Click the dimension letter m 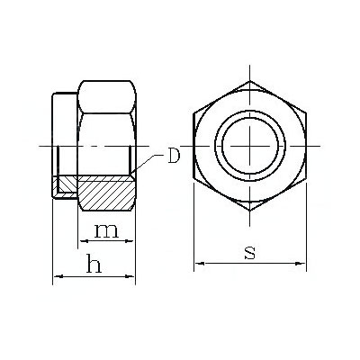click(106, 231)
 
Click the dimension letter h click(94, 263)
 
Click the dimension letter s click(250, 252)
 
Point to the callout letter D click(174, 156)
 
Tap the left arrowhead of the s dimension click(200, 264)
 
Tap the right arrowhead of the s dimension click(301, 264)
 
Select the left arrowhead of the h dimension click(58, 276)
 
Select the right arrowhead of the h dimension click(130, 276)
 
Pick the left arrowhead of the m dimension click(83, 240)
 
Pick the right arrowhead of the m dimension click(128, 240)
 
